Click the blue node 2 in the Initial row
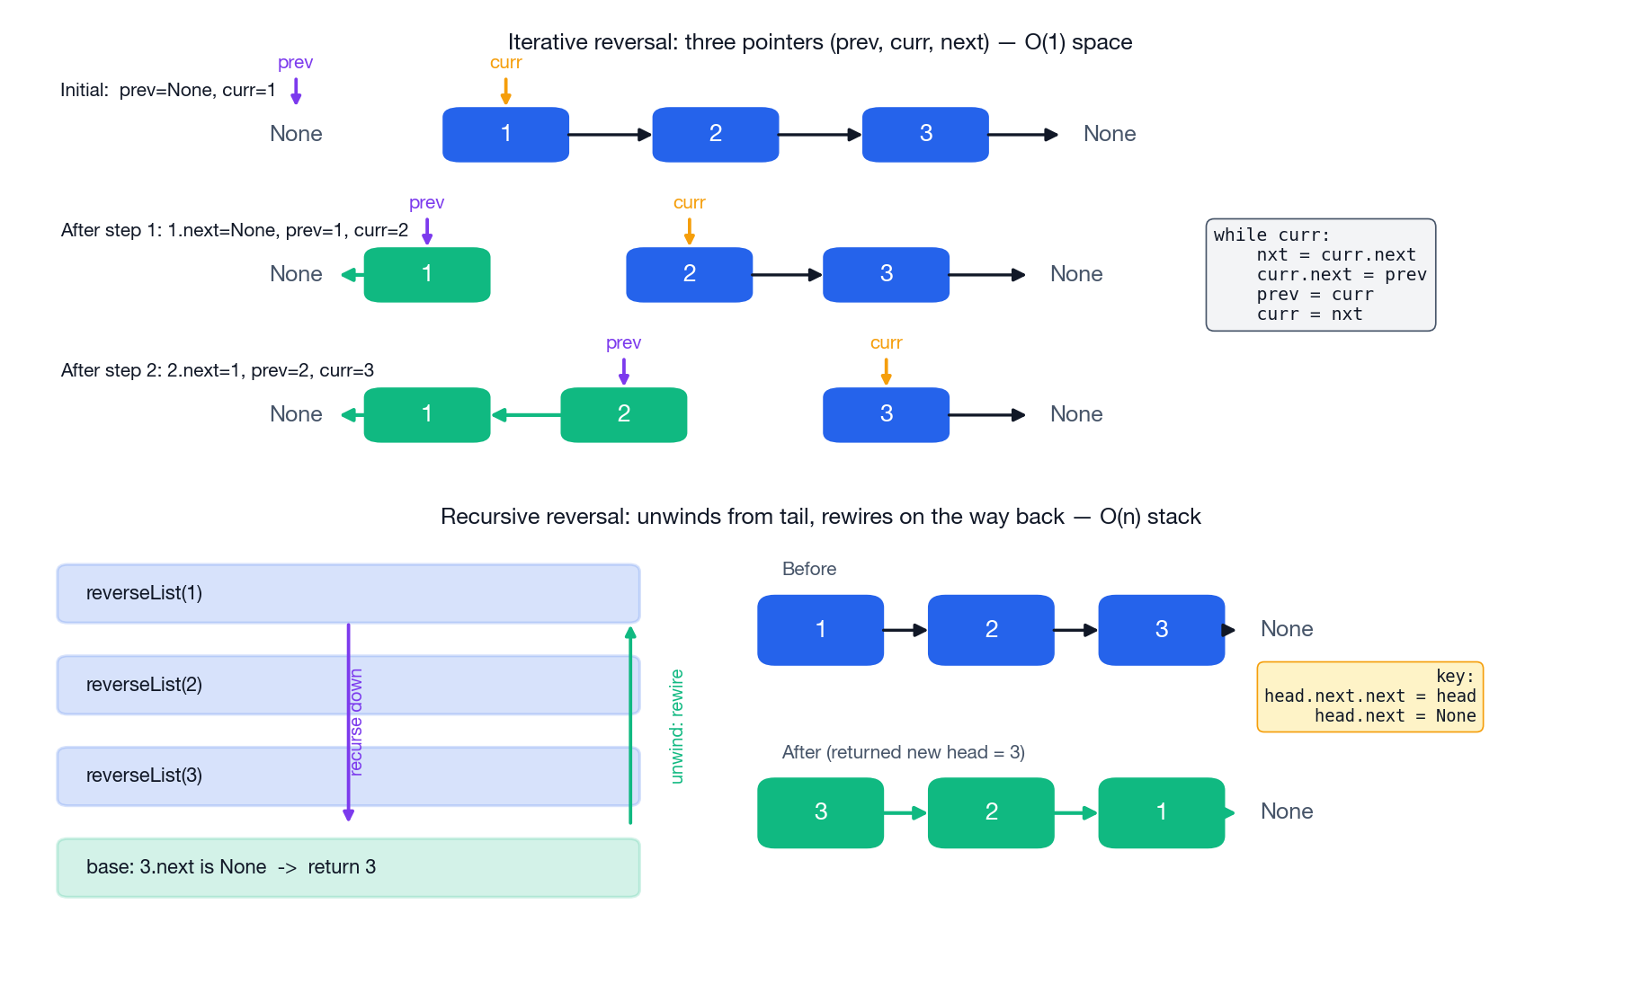[x=715, y=134]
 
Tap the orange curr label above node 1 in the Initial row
[x=505, y=63]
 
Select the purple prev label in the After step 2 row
[x=623, y=343]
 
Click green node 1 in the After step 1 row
[x=426, y=274]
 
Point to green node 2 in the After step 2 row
[x=623, y=414]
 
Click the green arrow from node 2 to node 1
[x=526, y=414]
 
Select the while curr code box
[x=1319, y=275]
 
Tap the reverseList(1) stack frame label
[x=144, y=593]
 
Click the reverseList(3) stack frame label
[x=144, y=776]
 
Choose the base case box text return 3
[x=342, y=867]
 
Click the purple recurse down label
[x=356, y=722]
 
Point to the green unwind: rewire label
[x=677, y=726]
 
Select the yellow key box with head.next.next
[x=1369, y=697]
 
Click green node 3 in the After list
[x=820, y=812]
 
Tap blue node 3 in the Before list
[x=1161, y=630]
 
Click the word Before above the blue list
[x=808, y=569]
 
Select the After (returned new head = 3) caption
[x=903, y=752]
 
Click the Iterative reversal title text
[x=819, y=42]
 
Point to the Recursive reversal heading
[x=820, y=517]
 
